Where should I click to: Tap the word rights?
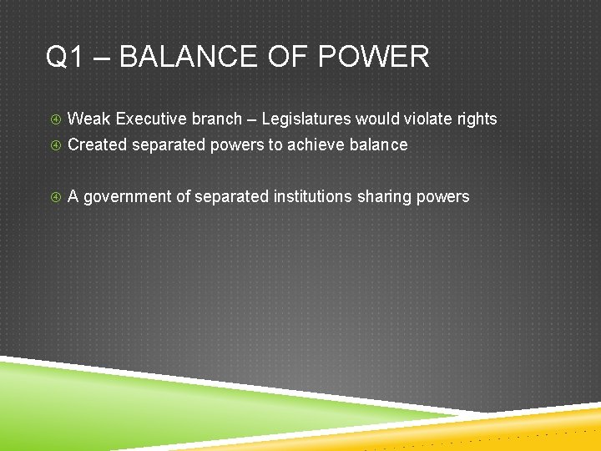click(x=478, y=119)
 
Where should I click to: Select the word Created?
click(x=97, y=145)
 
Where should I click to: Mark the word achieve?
click(x=313, y=145)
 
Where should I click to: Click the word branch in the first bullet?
click(x=217, y=119)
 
